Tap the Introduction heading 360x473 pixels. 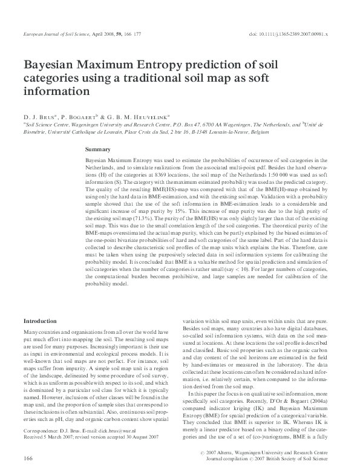click(x=40, y=320)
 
